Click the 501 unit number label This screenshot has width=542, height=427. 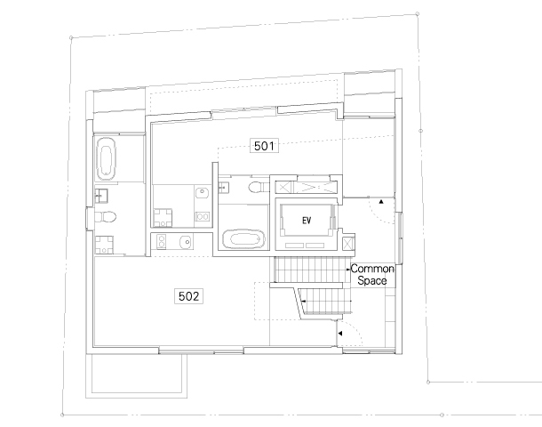264,146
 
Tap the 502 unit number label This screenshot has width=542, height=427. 188,296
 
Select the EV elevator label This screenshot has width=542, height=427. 307,221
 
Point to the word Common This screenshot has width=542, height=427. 372,269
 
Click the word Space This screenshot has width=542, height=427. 372,280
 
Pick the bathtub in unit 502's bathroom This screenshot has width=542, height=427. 106,159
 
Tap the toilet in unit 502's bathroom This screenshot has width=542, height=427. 105,217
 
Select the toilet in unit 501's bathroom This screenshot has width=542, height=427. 257,187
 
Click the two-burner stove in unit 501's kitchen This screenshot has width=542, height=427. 203,217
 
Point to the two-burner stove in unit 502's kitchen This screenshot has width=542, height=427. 161,242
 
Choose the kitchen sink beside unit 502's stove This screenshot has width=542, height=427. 186,242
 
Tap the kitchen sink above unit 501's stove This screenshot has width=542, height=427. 202,192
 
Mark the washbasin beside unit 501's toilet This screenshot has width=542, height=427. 224,187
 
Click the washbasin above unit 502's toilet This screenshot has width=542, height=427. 101,196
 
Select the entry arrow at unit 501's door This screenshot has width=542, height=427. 381,201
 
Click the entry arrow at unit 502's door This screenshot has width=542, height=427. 340,334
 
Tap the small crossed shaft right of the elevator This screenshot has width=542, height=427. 348,244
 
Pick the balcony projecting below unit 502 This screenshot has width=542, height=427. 137,375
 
